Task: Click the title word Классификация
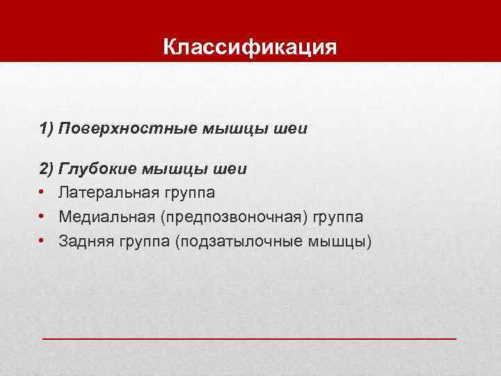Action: click(x=250, y=48)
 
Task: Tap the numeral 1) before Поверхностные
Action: click(x=47, y=129)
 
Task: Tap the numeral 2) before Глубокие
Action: click(x=47, y=169)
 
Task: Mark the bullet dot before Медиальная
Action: click(x=42, y=217)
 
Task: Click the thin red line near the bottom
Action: click(x=250, y=338)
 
